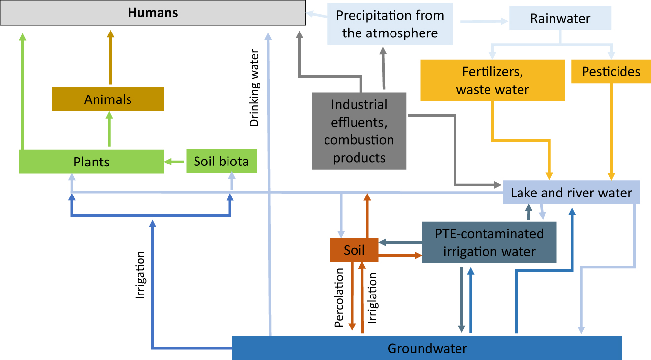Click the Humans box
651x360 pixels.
(153, 13)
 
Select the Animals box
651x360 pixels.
(108, 99)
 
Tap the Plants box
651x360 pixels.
(91, 162)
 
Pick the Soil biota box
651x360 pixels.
(221, 162)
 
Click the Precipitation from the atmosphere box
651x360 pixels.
(390, 24)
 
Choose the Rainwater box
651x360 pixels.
(560, 19)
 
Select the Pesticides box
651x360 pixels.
(611, 72)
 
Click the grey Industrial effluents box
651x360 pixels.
(359, 131)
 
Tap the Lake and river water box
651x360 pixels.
(571, 192)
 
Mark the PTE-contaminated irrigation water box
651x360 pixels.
(489, 242)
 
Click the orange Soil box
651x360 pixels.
(354, 250)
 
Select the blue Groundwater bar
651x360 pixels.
(427, 348)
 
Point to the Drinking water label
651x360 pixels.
(254, 88)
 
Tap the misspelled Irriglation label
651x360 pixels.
(373, 298)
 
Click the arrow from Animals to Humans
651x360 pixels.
(110, 58)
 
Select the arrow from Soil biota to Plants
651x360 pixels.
(175, 162)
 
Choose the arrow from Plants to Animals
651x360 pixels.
(109, 129)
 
